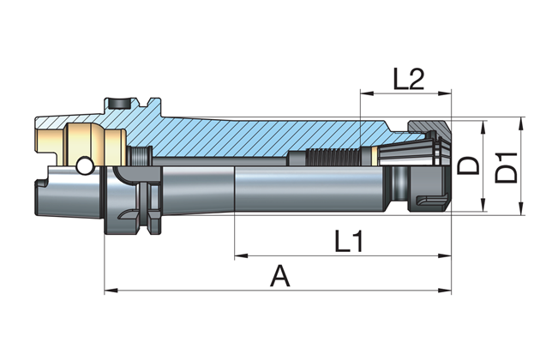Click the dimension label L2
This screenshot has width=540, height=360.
click(x=410, y=79)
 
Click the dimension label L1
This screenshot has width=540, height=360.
click(x=347, y=243)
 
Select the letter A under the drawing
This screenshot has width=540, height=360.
click(x=279, y=276)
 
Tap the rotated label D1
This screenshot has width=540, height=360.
click(x=508, y=165)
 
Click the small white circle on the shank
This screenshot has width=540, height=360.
click(x=85, y=164)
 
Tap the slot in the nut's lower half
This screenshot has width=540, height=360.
click(x=426, y=201)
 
